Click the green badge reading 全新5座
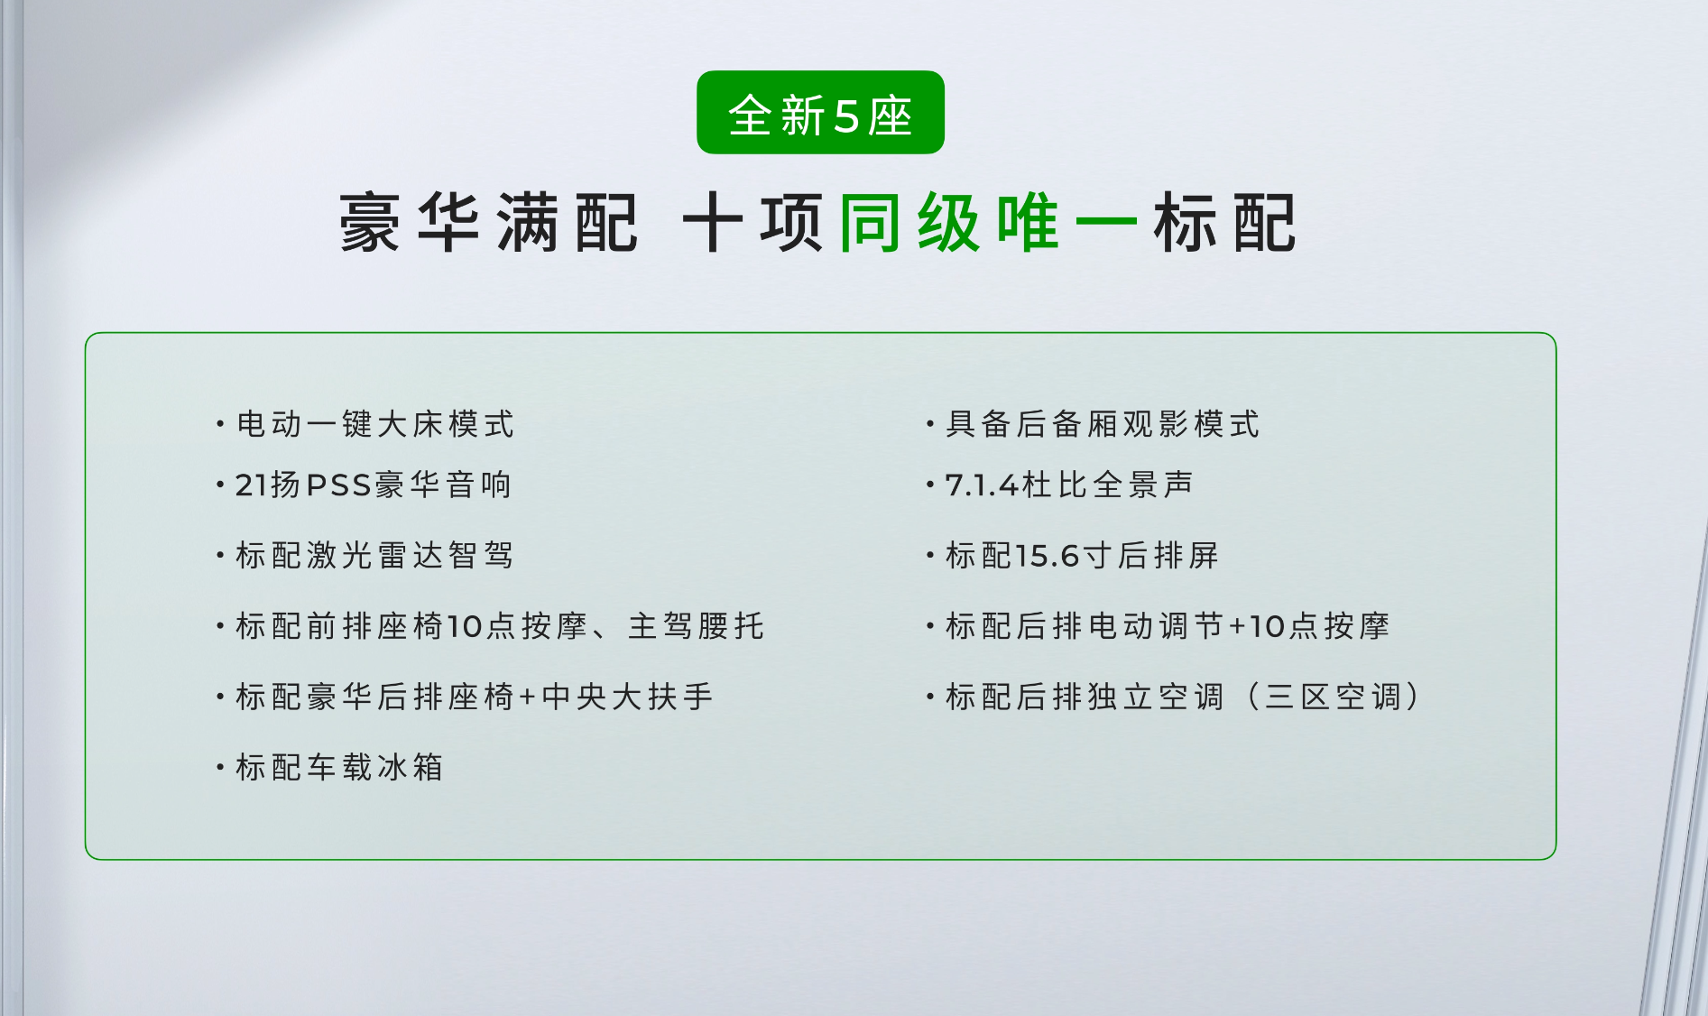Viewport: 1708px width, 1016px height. tap(820, 113)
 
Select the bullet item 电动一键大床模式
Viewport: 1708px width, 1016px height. tap(374, 423)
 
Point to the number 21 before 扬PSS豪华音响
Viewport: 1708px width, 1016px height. tap(252, 485)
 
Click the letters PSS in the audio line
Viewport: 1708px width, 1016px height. tap(339, 485)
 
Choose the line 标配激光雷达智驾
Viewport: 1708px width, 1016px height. tap(374, 555)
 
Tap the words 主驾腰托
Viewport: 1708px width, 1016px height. tap(696, 625)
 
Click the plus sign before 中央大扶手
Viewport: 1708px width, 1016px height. tap(528, 697)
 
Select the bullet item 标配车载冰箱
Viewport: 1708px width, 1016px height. tap(339, 767)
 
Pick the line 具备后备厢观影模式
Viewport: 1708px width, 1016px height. tap(1102, 423)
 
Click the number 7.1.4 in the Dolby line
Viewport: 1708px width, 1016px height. tap(982, 485)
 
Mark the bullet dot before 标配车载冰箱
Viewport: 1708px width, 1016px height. tap(219, 767)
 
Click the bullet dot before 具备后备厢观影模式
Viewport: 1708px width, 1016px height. tap(929, 423)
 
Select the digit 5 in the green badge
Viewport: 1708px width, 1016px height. tap(846, 116)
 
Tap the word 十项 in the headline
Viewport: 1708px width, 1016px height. tap(752, 222)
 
